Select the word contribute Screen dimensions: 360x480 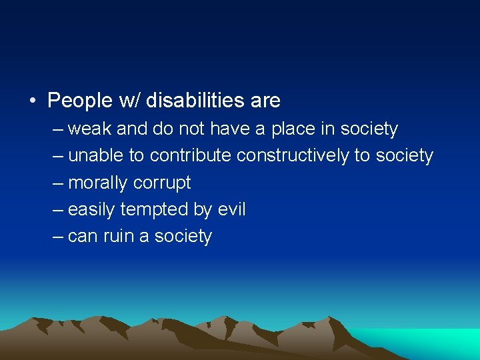[x=191, y=155]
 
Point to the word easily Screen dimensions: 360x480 [x=92, y=209]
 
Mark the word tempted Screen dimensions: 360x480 [x=155, y=209]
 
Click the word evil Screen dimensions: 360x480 [x=231, y=209]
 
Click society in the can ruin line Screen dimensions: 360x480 [x=182, y=236]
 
